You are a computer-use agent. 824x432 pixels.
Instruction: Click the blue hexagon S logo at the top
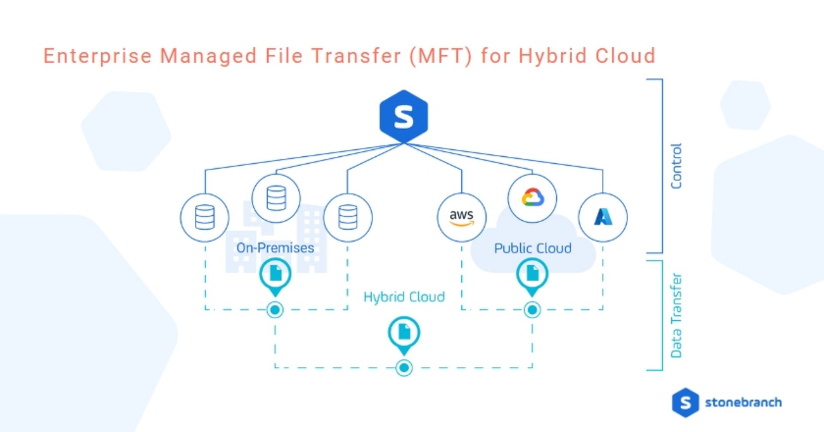(x=403, y=116)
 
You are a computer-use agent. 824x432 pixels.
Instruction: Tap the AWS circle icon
(x=461, y=217)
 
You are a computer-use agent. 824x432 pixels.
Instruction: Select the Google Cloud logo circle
(x=532, y=198)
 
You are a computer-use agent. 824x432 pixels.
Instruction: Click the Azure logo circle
(x=603, y=217)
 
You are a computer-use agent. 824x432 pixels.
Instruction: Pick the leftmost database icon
(x=205, y=217)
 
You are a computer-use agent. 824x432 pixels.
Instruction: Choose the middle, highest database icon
(x=276, y=198)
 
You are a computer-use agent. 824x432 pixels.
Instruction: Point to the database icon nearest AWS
(x=348, y=217)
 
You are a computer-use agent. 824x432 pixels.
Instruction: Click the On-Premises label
(x=275, y=248)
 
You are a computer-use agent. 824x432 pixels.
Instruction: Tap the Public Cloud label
(x=533, y=248)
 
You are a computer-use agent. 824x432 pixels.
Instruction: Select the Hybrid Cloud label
(x=404, y=297)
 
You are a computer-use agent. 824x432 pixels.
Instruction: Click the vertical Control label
(x=676, y=166)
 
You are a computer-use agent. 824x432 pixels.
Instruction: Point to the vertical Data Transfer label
(x=676, y=315)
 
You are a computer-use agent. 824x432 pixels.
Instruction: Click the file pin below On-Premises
(x=275, y=277)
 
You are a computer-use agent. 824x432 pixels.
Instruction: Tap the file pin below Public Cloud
(x=532, y=277)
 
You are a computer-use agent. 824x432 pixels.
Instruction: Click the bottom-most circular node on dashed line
(x=404, y=368)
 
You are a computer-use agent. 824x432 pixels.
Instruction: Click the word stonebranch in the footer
(x=743, y=402)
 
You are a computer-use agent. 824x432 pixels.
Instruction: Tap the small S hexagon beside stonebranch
(x=685, y=403)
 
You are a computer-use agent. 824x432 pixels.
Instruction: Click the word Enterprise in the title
(x=98, y=56)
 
